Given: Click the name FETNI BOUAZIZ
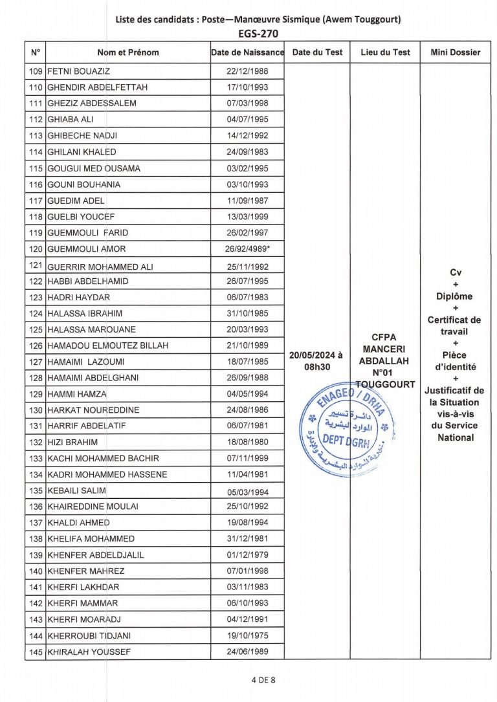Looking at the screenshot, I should pyautogui.click(x=78, y=71).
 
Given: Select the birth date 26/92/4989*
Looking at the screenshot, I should pyautogui.click(x=247, y=248).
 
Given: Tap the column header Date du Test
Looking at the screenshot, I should pyautogui.click(x=317, y=52).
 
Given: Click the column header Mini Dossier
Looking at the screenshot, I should pyautogui.click(x=455, y=52).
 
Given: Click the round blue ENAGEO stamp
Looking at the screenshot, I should pyautogui.click(x=346, y=428).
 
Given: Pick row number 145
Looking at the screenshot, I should pyautogui.click(x=36, y=652).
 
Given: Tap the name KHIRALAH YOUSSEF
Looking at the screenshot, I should pyautogui.click(x=89, y=652).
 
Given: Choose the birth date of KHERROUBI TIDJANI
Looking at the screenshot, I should pyautogui.click(x=247, y=635).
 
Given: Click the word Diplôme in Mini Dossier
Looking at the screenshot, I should pyautogui.click(x=454, y=296).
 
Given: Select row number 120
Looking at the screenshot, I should pyautogui.click(x=36, y=248).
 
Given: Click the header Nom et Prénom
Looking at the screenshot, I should pyautogui.click(x=127, y=52).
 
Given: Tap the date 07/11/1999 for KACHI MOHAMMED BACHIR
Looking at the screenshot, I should pyautogui.click(x=247, y=458).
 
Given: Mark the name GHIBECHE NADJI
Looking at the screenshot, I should pyautogui.click(x=82, y=136).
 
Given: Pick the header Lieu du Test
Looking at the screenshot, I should pyautogui.click(x=385, y=52).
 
